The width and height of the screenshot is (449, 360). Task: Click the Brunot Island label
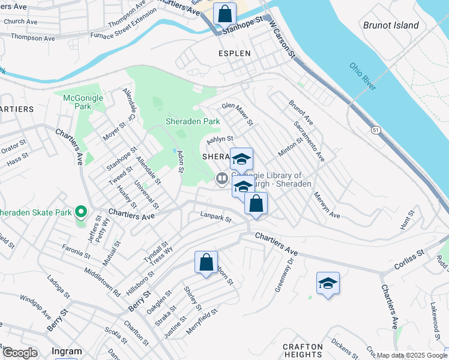[x=390, y=25]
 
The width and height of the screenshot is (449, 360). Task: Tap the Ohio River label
[x=363, y=77]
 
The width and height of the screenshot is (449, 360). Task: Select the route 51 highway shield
[x=375, y=130]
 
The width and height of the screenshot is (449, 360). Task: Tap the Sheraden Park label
[x=193, y=121]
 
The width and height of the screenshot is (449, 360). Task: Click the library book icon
[x=221, y=178]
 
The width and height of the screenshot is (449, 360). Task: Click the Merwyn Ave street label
[x=326, y=207]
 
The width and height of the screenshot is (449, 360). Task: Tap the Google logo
[x=20, y=353]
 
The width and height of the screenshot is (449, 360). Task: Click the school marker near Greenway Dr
[x=328, y=283]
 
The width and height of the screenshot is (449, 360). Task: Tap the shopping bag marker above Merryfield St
[x=206, y=262]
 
